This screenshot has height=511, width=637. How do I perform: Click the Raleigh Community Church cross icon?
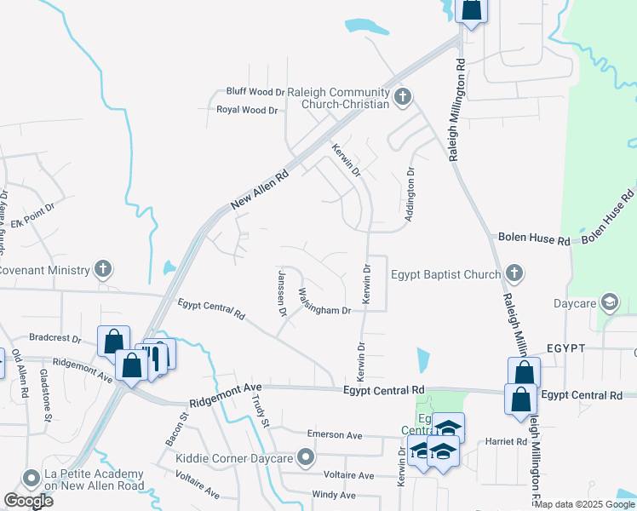403,98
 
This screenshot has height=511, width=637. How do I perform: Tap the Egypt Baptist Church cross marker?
513,273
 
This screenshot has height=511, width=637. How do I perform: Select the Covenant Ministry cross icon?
102,270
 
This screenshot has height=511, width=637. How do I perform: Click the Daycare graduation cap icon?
609,302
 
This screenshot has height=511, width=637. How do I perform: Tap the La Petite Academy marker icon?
32,479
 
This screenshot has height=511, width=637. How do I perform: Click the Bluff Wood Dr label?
255,92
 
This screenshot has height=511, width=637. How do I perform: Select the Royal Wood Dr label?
247,110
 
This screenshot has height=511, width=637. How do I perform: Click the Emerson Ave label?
335,434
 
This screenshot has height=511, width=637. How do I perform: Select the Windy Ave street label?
334,495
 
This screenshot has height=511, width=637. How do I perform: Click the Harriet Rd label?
508,442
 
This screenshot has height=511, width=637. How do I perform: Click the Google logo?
29,501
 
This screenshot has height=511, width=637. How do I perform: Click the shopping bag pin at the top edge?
471,9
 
